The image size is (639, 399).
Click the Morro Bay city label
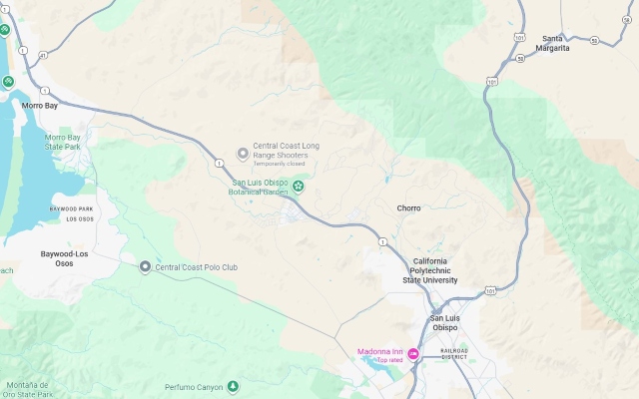(x=41, y=104)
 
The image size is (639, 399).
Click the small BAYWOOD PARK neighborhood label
(x=71, y=208)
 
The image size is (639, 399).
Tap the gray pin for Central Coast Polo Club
(x=145, y=266)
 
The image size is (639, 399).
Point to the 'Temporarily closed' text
(x=279, y=165)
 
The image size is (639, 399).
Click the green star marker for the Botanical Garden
(x=297, y=187)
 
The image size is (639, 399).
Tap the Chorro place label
(x=408, y=208)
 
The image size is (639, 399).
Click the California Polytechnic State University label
(x=435, y=270)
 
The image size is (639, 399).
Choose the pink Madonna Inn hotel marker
(x=412, y=353)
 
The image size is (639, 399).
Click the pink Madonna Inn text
(x=380, y=351)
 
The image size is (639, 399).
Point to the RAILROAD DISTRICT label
(x=454, y=353)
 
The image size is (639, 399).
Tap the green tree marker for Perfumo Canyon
(x=233, y=386)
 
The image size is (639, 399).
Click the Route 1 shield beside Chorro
(x=382, y=241)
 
